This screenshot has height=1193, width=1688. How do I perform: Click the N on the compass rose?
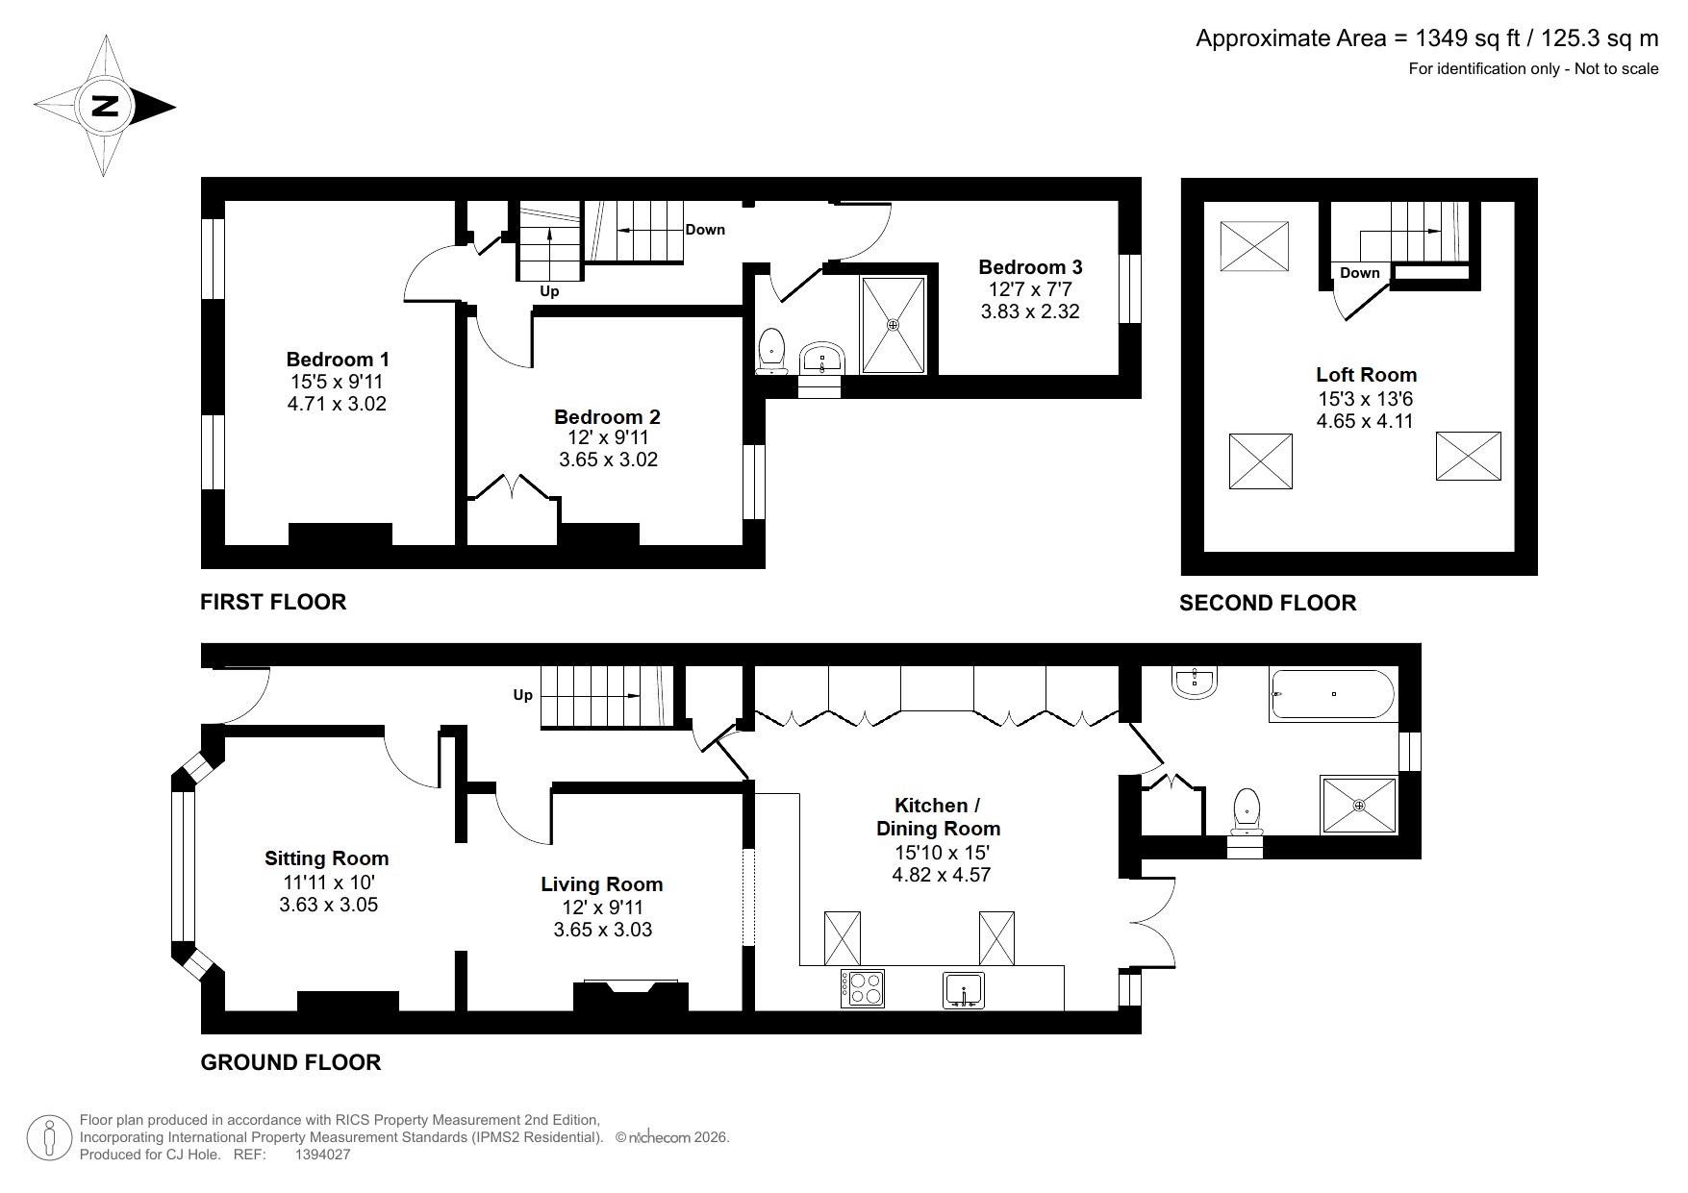tap(105, 106)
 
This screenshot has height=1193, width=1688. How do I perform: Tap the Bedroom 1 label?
tap(338, 360)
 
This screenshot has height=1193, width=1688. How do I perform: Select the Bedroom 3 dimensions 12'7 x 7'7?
tap(1030, 289)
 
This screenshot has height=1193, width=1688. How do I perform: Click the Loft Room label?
tap(1366, 375)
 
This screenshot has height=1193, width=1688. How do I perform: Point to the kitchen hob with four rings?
tap(863, 987)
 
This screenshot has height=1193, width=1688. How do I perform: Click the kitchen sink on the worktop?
tap(964, 989)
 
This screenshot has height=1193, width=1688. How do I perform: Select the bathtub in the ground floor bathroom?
tap(1332, 695)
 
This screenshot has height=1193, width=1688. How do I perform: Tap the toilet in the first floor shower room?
tap(771, 351)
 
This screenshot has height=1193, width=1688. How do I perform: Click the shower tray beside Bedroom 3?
tap(894, 325)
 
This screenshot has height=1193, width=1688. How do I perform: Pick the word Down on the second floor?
tap(1359, 273)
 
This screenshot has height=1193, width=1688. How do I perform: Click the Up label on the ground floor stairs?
tap(522, 695)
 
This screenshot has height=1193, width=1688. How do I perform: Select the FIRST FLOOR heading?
tap(273, 602)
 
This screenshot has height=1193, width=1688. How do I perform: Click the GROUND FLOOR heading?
tap(290, 1062)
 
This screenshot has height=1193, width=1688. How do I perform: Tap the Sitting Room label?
tap(327, 858)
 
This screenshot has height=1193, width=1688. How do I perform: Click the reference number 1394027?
tap(322, 1155)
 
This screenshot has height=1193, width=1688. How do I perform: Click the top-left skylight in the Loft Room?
tap(1254, 246)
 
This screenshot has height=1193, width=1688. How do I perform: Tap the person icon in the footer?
tap(49, 1137)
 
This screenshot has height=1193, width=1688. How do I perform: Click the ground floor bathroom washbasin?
tap(1196, 683)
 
